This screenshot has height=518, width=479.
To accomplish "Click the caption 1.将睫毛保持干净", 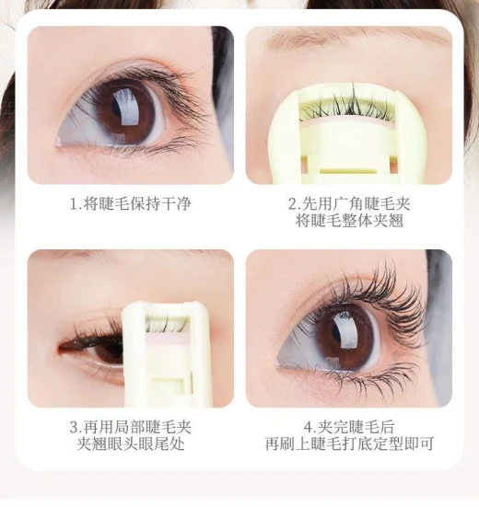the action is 130,203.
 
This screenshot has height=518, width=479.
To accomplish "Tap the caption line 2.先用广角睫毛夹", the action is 349,203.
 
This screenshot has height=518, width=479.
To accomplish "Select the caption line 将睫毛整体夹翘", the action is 349,220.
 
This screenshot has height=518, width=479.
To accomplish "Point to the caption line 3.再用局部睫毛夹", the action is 130,427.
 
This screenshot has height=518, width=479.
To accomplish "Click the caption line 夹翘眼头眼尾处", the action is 130,443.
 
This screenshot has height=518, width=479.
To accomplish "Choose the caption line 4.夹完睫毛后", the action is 349,427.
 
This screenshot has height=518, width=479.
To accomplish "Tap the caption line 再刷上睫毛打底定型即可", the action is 349,443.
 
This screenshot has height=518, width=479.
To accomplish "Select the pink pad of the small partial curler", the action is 167,338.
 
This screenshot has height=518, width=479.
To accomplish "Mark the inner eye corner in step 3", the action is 61,348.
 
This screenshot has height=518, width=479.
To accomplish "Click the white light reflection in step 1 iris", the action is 126,109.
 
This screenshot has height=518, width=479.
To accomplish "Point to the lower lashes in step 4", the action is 368,376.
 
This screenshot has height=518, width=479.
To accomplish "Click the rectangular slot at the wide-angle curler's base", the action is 347,171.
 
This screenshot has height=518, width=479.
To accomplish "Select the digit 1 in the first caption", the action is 74,204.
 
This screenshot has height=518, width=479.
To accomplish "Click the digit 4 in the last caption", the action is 309,428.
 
